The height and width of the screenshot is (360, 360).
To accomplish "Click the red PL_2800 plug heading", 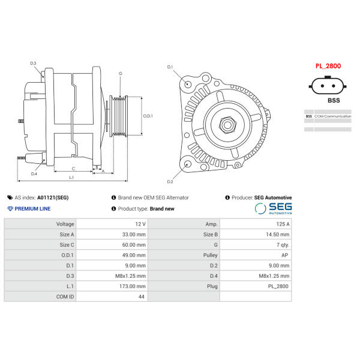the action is pyautogui.click(x=328, y=66).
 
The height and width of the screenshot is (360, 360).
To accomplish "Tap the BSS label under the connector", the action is pyautogui.click(x=334, y=100).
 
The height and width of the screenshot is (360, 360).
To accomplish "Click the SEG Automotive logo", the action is pyautogui.click(x=273, y=208).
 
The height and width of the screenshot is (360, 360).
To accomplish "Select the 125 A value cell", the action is pyautogui.click(x=256, y=224).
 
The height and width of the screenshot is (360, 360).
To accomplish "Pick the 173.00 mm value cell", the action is pyautogui.click(x=112, y=286).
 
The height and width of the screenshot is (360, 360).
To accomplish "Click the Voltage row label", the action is pyautogui.click(x=65, y=224).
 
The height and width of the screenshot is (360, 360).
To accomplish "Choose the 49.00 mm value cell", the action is pyautogui.click(x=112, y=255).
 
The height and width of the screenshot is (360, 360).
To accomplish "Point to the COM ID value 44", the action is pyautogui.click(x=142, y=296).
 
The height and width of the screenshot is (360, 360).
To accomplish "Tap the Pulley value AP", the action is pyautogui.click(x=284, y=255).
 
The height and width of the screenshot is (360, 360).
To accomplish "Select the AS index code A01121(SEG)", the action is pyautogui.click(x=53, y=197).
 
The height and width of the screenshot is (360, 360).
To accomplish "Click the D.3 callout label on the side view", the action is pyautogui.click(x=33, y=63).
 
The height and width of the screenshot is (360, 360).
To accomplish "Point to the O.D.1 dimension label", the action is pyautogui.click(x=148, y=116).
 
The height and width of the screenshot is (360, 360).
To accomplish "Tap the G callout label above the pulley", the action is pyautogui.click(x=121, y=73).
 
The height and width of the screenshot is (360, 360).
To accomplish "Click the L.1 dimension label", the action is pyautogui.click(x=71, y=177).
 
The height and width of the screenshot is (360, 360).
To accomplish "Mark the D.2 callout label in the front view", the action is pyautogui.click(x=170, y=182).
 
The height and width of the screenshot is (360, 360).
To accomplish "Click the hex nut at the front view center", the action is pyautogui.click(x=227, y=125).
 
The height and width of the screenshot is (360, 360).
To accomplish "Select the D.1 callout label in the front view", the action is pyautogui.click(x=170, y=67).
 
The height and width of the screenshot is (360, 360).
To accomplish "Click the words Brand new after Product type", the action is pyautogui.click(x=162, y=209).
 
